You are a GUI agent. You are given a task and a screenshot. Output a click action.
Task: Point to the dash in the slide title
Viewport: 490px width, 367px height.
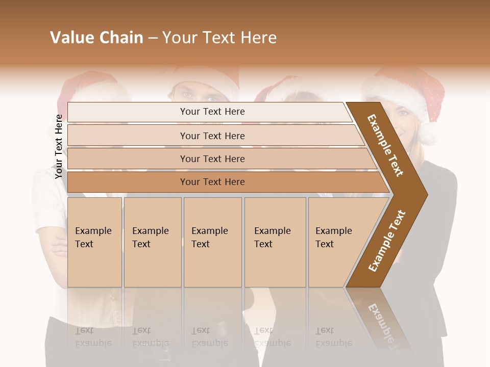coord(153,38)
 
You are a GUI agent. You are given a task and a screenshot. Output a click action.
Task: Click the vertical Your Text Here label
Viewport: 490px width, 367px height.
coord(59,146)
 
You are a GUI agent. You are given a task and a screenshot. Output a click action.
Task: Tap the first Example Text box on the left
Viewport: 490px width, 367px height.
coord(94,242)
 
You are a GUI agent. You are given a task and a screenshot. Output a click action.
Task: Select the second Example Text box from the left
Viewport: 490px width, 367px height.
coord(153,242)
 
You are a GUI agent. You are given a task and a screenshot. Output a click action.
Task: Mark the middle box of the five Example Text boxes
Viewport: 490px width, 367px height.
coord(212,242)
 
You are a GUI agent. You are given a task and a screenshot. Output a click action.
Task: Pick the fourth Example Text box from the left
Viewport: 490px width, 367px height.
coord(275,242)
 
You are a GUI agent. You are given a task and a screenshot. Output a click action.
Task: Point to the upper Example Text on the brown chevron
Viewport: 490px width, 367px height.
coord(385,145)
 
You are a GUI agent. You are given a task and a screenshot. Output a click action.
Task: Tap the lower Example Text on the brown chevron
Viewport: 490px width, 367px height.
coord(387,241)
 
